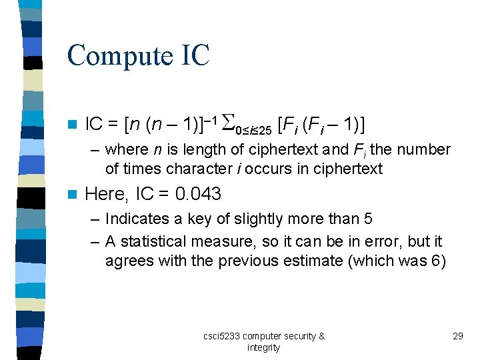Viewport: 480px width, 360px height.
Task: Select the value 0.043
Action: point(198,194)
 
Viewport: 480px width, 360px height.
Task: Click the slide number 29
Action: point(457,336)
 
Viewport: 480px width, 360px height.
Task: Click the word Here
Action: point(106,194)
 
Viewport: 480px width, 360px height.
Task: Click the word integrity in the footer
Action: point(264,347)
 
